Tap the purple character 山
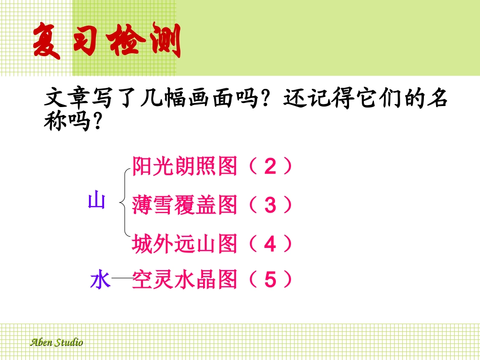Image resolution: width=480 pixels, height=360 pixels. tap(97, 201)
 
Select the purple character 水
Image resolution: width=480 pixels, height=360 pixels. tap(100, 280)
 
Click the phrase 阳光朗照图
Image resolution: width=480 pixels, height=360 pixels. tap(184, 166)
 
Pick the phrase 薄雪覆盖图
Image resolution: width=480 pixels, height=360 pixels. tap(184, 205)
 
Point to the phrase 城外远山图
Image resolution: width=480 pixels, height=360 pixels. tap(184, 244)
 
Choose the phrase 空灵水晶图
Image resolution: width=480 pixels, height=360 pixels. tap(184, 280)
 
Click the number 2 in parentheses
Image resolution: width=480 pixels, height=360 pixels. tap(270, 167)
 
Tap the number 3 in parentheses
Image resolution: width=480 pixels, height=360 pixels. tap(270, 206)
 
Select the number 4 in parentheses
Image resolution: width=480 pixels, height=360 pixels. tap(270, 245)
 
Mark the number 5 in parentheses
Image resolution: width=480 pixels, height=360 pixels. tap(270, 280)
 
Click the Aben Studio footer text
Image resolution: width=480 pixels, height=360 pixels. tap(56, 342)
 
